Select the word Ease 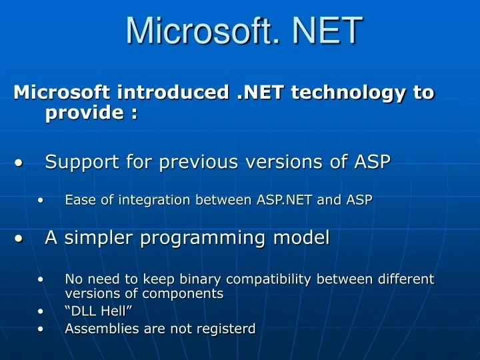click(79, 199)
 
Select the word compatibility click(262, 278)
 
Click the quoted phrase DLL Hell click(94, 311)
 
